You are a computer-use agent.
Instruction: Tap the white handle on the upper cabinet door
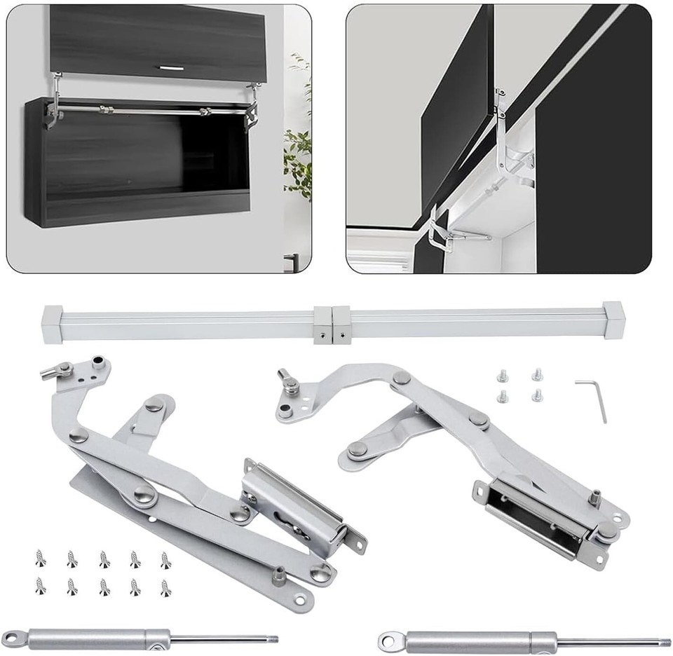point(170,68)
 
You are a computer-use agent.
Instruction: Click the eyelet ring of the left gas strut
point(15,638)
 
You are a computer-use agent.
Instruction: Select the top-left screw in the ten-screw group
point(41,558)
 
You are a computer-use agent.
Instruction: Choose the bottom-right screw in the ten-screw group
point(165,587)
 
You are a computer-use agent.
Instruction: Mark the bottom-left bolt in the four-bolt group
point(503,397)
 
